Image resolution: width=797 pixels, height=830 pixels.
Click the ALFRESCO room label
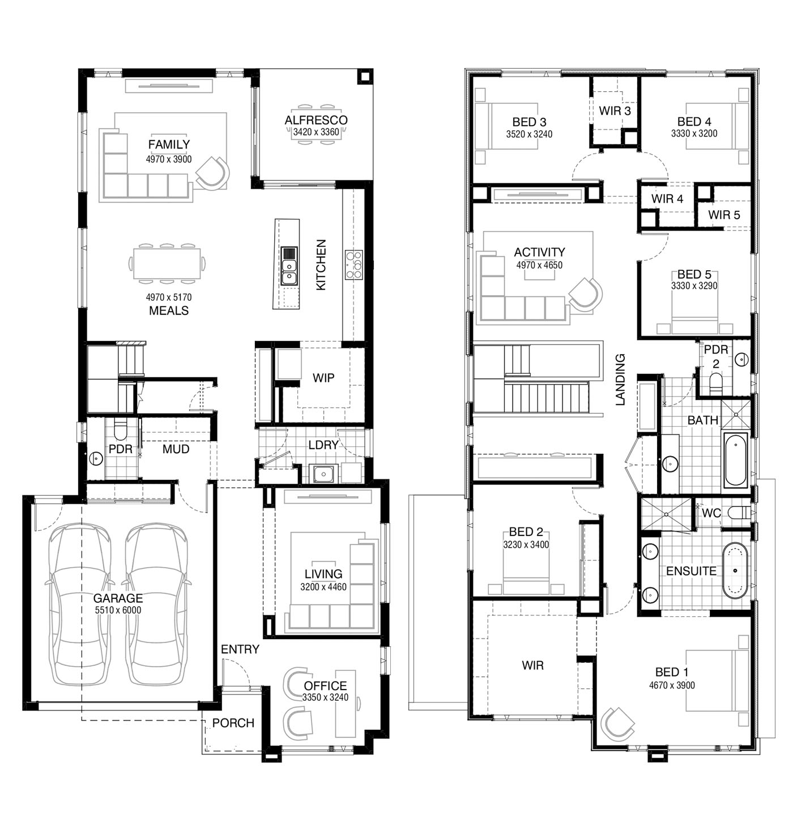[x=316, y=120]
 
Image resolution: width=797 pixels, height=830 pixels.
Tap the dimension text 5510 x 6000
[x=118, y=610]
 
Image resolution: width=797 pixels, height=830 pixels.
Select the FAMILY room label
[x=169, y=144]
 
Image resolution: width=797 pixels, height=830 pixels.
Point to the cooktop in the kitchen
[x=353, y=265]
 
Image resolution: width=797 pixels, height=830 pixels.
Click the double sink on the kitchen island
[x=289, y=266]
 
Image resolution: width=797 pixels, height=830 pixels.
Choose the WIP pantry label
[x=323, y=378]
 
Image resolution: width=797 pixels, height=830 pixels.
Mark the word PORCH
[x=233, y=723]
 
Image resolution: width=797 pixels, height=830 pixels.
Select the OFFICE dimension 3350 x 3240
[x=325, y=697]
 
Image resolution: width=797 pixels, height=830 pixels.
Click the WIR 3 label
[x=615, y=111]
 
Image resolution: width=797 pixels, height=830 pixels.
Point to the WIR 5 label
[x=724, y=215]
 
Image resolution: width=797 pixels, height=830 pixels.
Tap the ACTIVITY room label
[x=539, y=252]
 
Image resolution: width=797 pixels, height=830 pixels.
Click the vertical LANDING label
[x=620, y=380]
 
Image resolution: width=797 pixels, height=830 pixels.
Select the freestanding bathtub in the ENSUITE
[x=735, y=571]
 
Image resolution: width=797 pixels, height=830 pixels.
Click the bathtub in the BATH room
[x=735, y=460]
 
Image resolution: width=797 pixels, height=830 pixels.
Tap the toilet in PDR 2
[x=715, y=383]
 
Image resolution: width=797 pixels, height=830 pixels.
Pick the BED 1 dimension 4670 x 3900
[x=672, y=686]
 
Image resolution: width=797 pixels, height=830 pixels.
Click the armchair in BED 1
[x=616, y=724]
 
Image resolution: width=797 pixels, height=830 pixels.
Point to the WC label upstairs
[x=711, y=513]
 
